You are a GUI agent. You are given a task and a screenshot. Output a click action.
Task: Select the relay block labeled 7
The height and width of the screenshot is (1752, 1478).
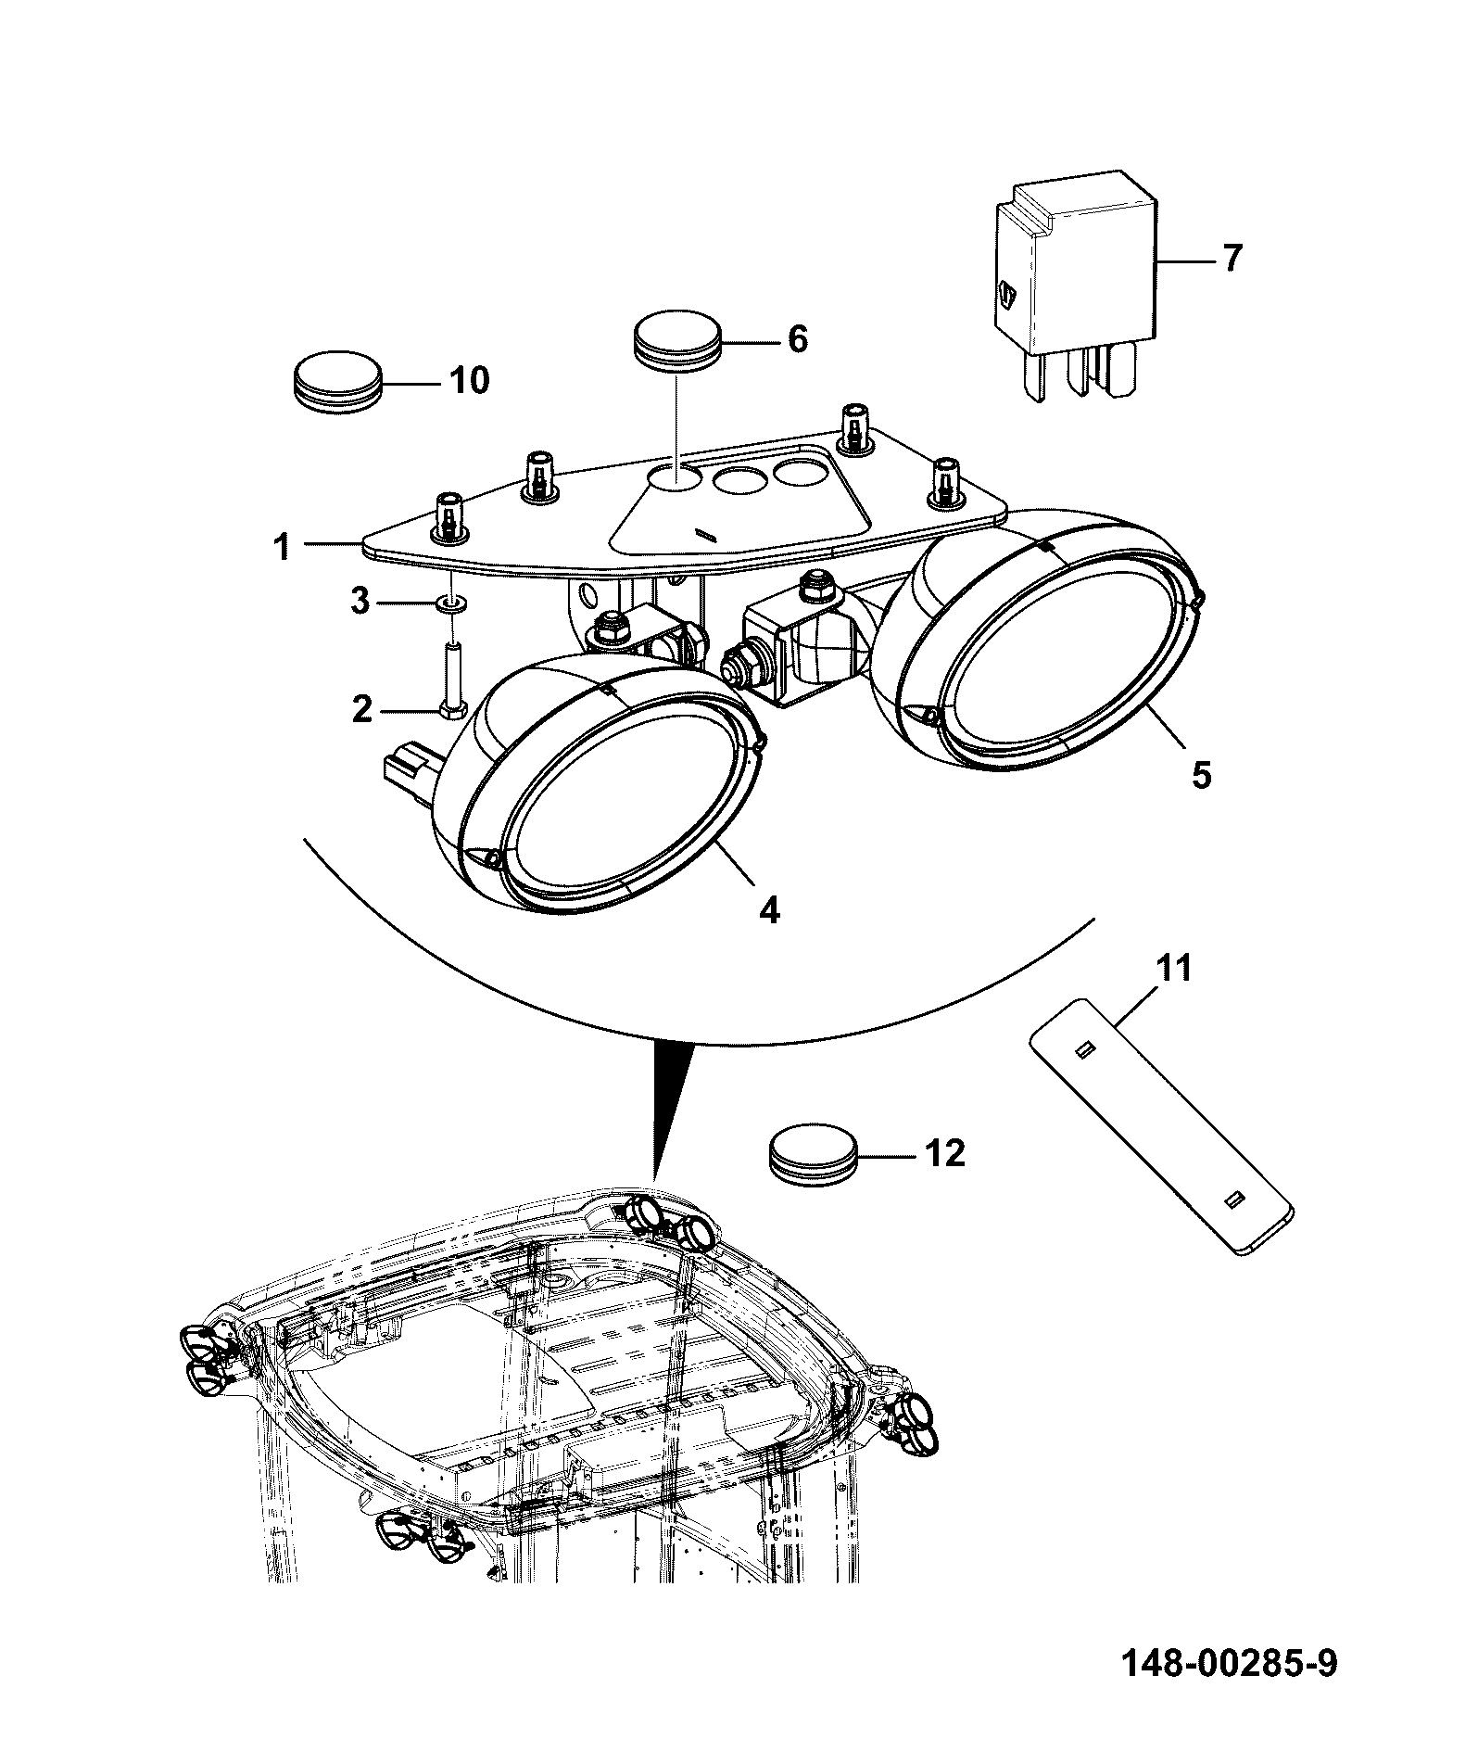pos(1075,283)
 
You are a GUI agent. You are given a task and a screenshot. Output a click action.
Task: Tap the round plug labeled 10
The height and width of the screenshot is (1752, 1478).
pos(337,378)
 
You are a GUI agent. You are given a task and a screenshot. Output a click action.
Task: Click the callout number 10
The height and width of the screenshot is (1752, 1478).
pos(469,380)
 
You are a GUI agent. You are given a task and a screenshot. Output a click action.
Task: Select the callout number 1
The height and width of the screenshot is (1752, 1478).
pos(282,548)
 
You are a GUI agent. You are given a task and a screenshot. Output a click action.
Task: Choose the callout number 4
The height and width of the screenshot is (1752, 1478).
pos(769,910)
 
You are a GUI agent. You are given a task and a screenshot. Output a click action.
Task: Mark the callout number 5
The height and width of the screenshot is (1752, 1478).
pos(1201,773)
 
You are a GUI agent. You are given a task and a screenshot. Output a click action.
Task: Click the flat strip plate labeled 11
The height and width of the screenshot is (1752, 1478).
pos(1161,1126)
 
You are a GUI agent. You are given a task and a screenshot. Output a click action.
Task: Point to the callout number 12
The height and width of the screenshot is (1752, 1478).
pos(944,1153)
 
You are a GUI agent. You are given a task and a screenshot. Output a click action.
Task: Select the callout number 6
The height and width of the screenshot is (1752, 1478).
pos(797,339)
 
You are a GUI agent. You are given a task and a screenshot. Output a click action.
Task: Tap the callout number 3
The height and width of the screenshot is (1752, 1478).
pos(360,602)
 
